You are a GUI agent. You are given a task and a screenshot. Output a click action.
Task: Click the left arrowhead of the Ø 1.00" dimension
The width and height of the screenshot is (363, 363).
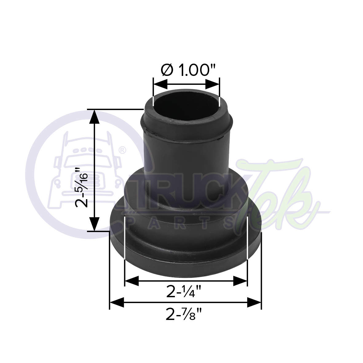coord(160,84)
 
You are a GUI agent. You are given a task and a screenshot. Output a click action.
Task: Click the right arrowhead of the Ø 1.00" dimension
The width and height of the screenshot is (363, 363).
coord(212,84)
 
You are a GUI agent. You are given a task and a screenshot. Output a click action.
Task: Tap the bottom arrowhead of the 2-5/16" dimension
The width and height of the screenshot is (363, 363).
coord(94,224)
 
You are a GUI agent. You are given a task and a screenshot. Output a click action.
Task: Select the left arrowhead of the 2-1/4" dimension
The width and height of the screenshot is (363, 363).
coord(132,281)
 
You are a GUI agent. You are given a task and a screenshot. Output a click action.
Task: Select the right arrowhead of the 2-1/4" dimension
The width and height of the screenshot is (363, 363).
coord(240,281)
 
